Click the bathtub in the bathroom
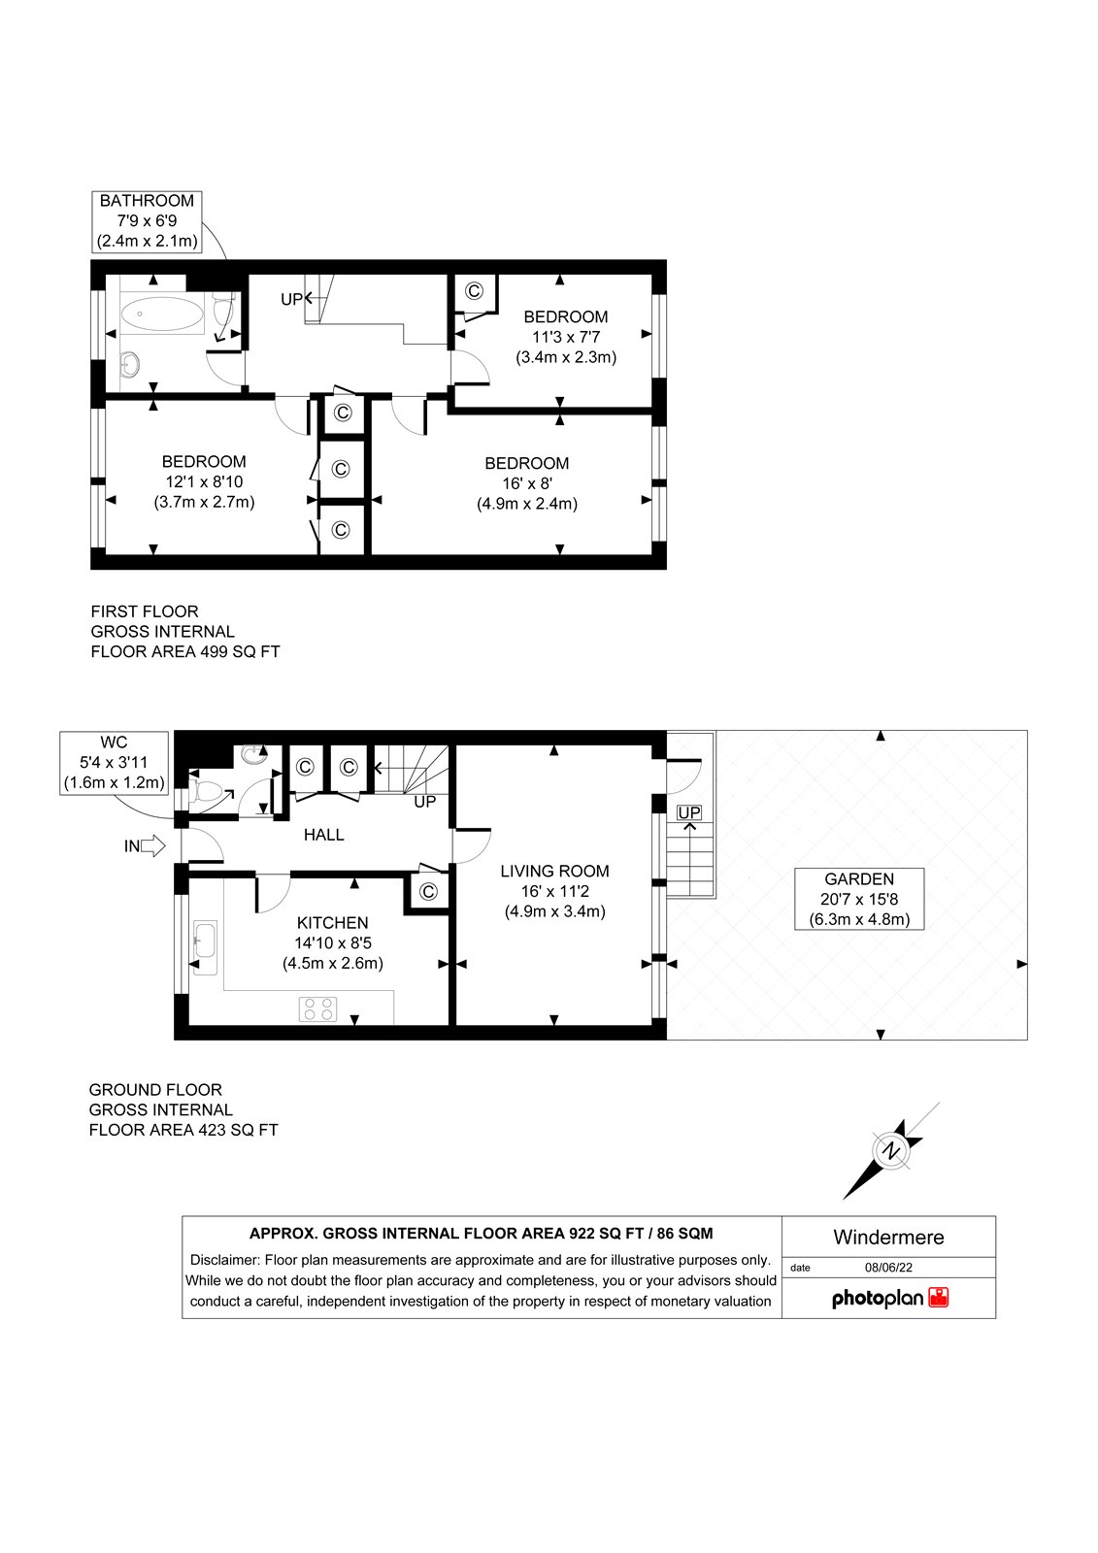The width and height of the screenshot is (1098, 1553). (x=161, y=314)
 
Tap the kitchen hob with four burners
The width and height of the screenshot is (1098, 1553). (x=318, y=1008)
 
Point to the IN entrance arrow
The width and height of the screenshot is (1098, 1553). (x=153, y=845)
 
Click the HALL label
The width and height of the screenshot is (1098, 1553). (x=324, y=835)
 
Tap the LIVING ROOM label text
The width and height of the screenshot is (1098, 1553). (x=555, y=871)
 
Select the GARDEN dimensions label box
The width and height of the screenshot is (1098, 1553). (x=859, y=899)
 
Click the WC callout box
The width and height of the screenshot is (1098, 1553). (x=115, y=763)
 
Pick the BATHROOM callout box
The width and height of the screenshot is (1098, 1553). (x=147, y=221)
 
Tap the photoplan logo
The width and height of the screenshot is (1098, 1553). (x=890, y=1298)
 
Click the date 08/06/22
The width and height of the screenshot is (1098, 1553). (x=888, y=1268)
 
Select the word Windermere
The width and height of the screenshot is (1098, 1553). (x=888, y=1237)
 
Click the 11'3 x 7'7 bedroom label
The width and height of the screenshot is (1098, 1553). (x=566, y=337)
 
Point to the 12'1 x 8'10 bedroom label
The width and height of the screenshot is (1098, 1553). (x=204, y=481)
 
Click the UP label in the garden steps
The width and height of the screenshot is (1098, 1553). (x=688, y=811)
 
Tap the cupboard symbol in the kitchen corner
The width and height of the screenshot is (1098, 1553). (x=428, y=891)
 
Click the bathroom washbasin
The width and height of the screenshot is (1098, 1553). (x=129, y=362)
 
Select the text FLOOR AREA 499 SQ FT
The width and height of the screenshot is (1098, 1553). (x=185, y=651)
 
